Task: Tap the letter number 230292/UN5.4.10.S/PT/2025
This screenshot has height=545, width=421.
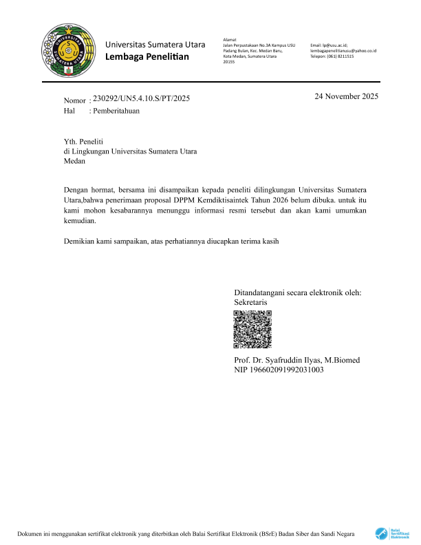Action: (x=141, y=98)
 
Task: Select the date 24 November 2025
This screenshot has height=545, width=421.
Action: (x=347, y=96)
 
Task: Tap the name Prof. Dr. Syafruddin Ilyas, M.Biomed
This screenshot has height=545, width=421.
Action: (x=296, y=360)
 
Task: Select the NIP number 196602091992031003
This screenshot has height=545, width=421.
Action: (x=279, y=370)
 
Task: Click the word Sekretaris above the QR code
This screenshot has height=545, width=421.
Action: (x=251, y=302)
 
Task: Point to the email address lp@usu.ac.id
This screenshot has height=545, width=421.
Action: (x=335, y=44)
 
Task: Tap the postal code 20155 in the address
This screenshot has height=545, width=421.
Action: (x=229, y=62)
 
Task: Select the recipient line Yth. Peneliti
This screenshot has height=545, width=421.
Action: (x=83, y=140)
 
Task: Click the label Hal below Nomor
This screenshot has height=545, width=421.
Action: (x=69, y=110)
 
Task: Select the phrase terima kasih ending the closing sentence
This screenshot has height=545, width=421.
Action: (x=256, y=242)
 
